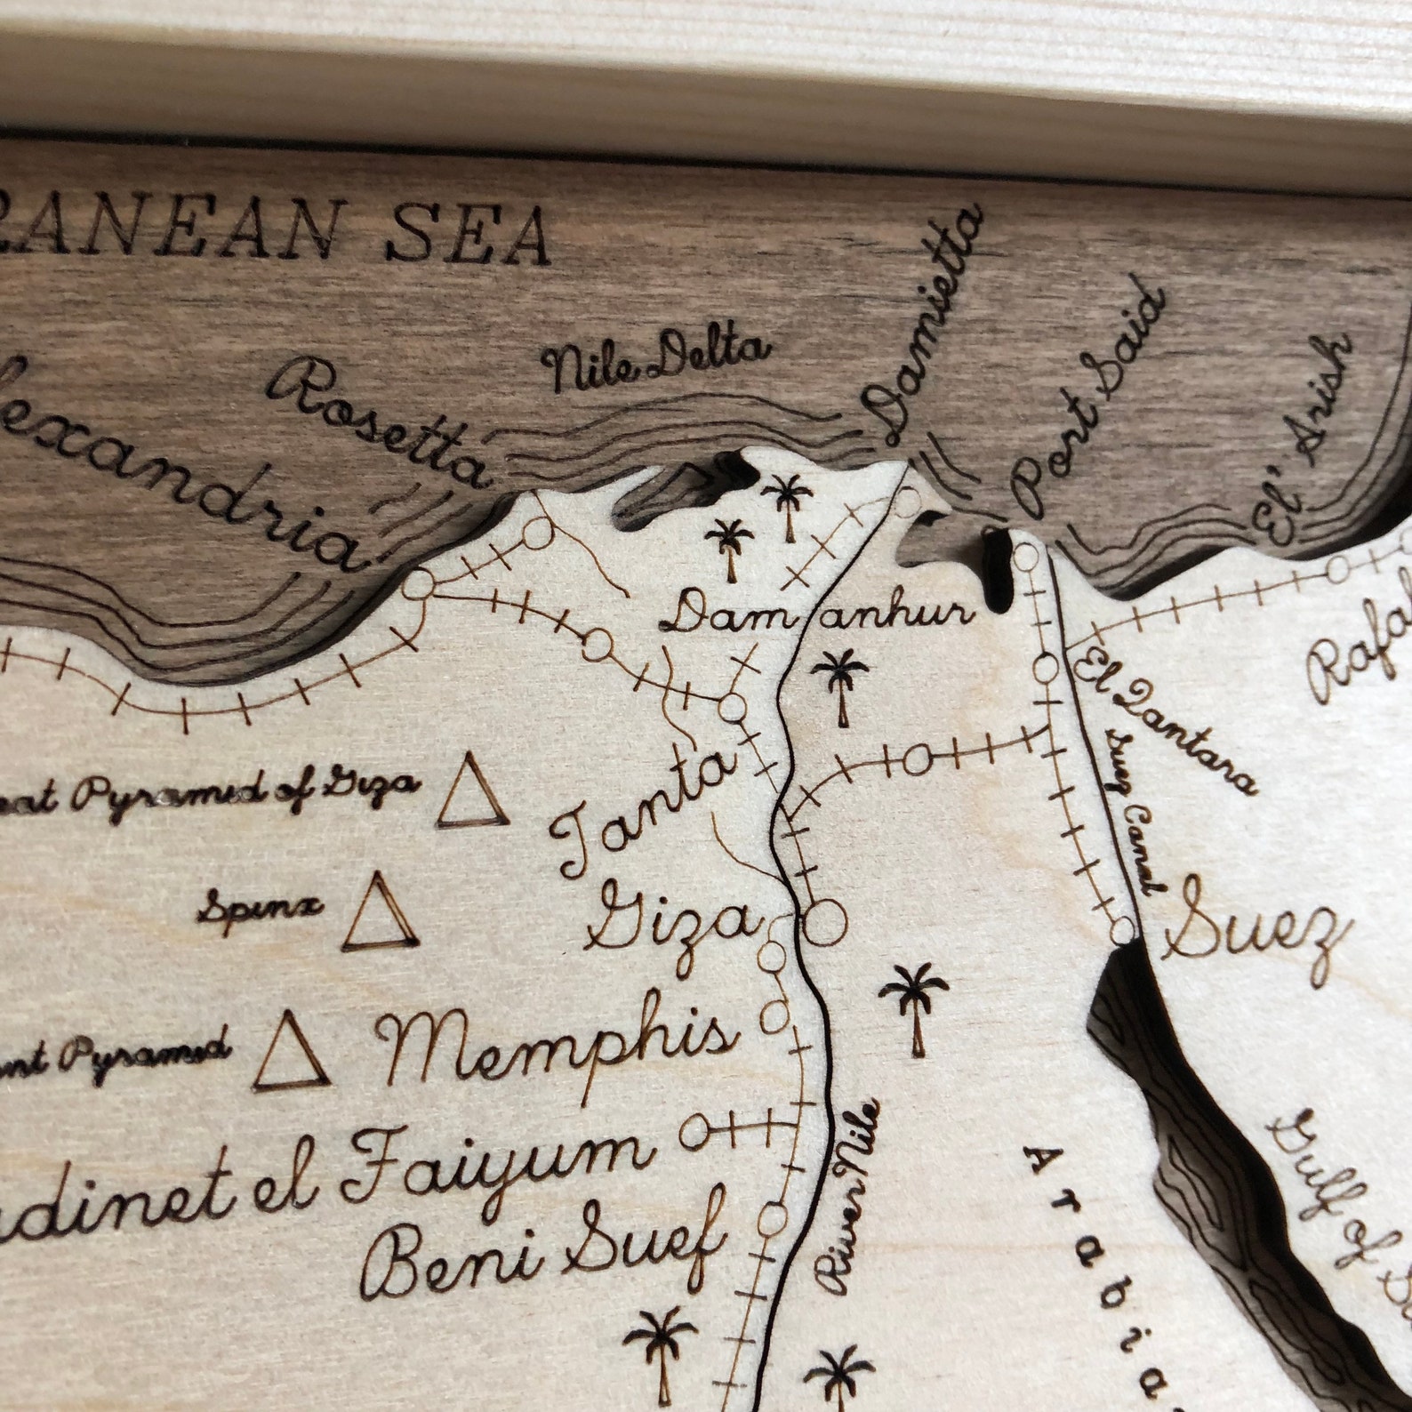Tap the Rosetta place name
382,421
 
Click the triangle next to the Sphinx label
381,916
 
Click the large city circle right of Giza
825,922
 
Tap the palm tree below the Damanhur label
840,685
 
